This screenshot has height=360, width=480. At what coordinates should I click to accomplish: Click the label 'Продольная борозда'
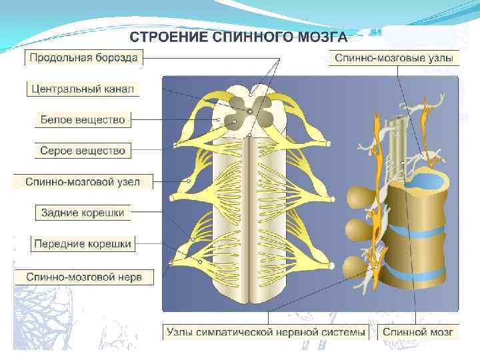[x=83, y=58]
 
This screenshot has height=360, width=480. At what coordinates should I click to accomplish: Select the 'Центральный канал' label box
[x=83, y=89]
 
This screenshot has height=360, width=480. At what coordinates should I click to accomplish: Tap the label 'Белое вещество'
[x=83, y=120]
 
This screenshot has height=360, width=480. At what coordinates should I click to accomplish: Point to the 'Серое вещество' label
[x=83, y=151]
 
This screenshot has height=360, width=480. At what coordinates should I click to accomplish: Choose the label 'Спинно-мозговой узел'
[x=83, y=181]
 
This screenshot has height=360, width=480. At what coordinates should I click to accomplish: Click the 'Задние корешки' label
[x=83, y=213]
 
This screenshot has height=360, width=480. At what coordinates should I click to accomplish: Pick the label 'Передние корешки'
[x=83, y=244]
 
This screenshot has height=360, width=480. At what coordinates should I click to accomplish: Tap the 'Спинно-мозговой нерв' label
[x=83, y=275]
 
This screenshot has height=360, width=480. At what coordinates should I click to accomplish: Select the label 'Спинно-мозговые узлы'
[x=395, y=58]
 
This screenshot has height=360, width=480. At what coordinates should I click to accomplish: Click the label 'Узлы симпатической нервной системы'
[x=266, y=331]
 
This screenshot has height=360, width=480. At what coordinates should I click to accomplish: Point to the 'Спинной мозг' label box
[x=418, y=331]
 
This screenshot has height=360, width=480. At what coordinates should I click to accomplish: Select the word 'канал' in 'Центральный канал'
[x=117, y=89]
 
